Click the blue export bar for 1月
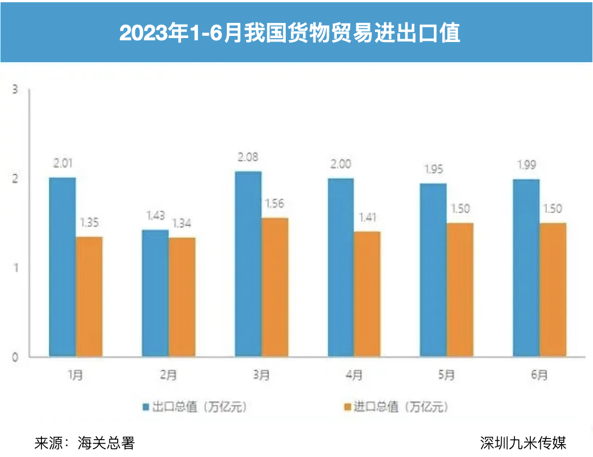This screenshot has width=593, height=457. tap(62, 267)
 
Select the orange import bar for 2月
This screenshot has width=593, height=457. tap(182, 297)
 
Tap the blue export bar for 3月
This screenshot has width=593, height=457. tap(248, 264)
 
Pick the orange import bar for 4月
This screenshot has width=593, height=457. tap(367, 294)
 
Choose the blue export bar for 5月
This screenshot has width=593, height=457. tap(433, 270)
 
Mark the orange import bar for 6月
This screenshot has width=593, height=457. tap(553, 290)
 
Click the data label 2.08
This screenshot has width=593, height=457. tap(248, 157)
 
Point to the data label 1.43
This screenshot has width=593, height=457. tap(155, 216)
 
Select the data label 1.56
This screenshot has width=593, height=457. tap(275, 204)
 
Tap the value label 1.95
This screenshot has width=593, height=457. tap(433, 170)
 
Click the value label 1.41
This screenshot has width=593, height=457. tap(367, 218)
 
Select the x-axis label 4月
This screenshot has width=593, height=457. tap(354, 375)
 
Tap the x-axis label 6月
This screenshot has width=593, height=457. tap(539, 375)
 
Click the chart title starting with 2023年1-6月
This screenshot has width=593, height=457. tap(290, 32)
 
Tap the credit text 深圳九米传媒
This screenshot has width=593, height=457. tap(523, 443)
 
